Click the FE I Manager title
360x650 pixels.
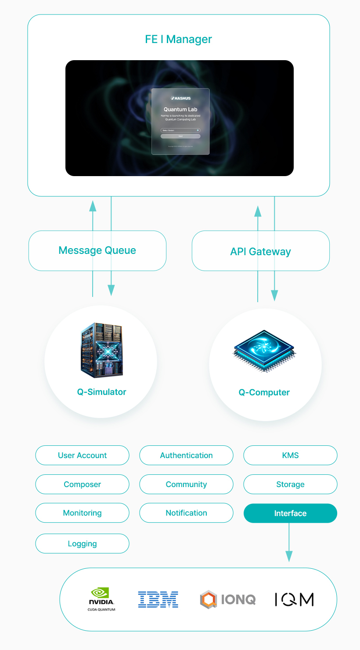[178, 40]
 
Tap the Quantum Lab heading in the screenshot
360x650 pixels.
[180, 109]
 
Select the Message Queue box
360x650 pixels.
[97, 251]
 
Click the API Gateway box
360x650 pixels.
[260, 252]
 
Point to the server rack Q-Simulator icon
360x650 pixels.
[101, 350]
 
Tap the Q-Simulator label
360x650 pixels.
[101, 392]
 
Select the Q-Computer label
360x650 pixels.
[264, 393]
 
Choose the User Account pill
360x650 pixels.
[82, 455]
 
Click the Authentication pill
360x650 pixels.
[186, 455]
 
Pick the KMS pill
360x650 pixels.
[290, 455]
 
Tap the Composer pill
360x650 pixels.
[82, 484]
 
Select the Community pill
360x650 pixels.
[186, 484]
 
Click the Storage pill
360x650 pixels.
[290, 484]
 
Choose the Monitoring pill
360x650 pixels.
[82, 513]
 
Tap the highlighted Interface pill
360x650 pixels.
[290, 513]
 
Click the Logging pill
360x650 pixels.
[82, 544]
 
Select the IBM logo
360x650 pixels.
[158, 599]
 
